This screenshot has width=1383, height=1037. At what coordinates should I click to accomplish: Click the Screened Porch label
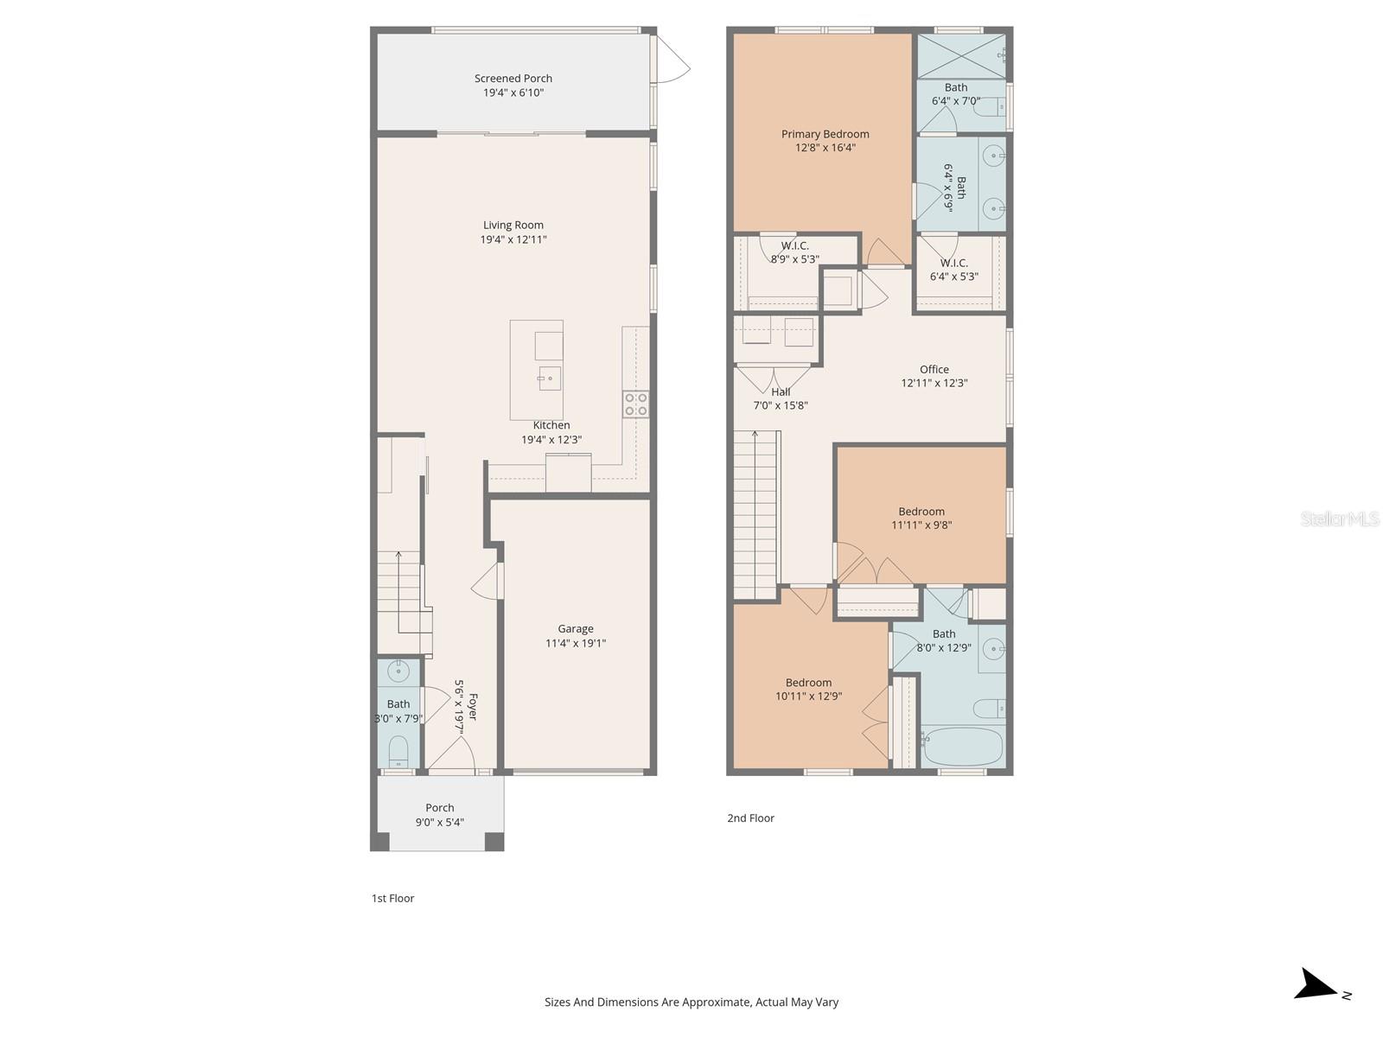(513, 79)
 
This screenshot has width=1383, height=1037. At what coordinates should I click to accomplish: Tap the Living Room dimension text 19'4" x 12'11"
(513, 239)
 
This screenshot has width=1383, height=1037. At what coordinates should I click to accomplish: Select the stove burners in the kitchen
(636, 404)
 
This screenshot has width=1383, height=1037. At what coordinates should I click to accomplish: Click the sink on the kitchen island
(550, 378)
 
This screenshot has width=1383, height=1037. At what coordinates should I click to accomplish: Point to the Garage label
(575, 629)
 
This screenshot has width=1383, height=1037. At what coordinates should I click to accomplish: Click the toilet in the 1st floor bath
(398, 750)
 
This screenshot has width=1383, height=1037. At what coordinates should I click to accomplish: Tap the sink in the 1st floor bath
(398, 670)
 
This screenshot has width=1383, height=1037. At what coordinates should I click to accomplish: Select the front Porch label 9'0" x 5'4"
(439, 815)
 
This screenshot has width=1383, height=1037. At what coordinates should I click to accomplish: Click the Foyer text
(472, 706)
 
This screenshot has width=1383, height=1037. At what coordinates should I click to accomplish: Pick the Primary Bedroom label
(825, 134)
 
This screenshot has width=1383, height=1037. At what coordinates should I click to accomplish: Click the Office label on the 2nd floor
(934, 369)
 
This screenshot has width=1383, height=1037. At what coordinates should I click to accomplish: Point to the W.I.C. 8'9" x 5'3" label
(794, 252)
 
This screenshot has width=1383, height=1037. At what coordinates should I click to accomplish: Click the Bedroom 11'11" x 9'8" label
(921, 518)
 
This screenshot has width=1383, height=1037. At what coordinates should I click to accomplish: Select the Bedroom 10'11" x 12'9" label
(808, 689)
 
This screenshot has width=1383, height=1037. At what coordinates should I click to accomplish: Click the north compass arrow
(1317, 985)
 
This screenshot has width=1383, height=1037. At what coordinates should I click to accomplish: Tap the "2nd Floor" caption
(750, 818)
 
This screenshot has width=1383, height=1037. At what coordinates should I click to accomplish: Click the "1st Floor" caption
(392, 899)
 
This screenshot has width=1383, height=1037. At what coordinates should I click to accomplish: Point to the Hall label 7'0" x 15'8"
(781, 398)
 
